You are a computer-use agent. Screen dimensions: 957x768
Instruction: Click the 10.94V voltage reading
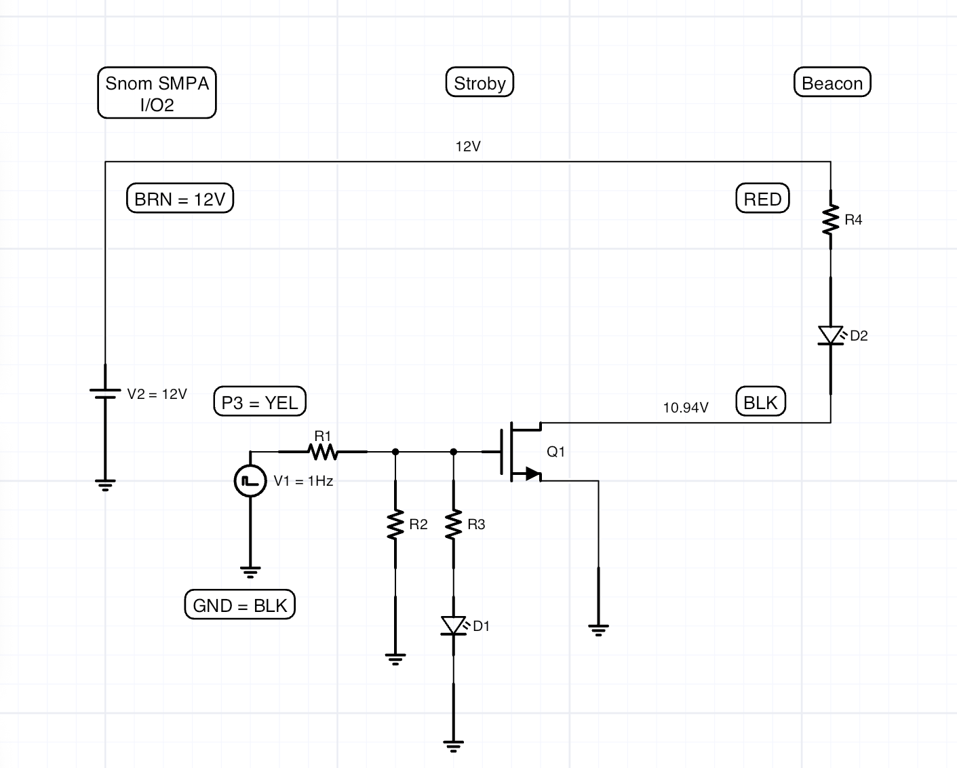(685, 408)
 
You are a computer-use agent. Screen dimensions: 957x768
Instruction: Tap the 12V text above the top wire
(468, 147)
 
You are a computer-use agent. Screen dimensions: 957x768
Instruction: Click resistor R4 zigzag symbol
(830, 219)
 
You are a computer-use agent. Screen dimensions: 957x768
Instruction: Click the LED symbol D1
(454, 626)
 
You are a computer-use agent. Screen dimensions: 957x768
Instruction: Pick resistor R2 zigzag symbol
(395, 524)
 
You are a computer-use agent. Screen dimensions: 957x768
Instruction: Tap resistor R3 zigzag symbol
(454, 524)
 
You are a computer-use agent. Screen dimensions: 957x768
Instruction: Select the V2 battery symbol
(105, 393)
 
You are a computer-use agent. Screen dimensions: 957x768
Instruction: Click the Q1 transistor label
(556, 452)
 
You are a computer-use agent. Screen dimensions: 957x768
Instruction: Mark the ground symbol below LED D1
(454, 746)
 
